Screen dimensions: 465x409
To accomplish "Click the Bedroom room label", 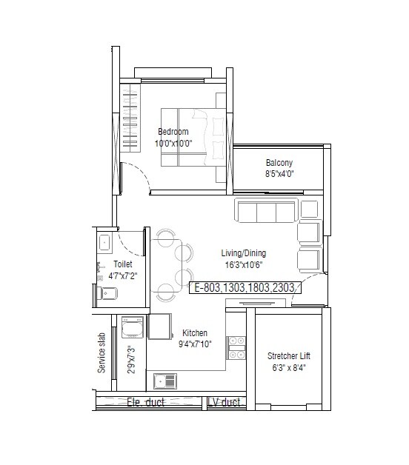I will [x=173, y=132].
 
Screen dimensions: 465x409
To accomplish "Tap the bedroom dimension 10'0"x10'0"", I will [x=173, y=143].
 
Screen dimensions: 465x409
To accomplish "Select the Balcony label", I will [x=279, y=163].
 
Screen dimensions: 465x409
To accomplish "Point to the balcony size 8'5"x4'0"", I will [x=279, y=174].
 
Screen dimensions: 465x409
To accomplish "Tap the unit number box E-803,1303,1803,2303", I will [x=245, y=289].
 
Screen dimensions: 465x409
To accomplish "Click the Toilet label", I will [x=122, y=264].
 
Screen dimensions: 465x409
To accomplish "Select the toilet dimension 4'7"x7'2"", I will [x=122, y=275].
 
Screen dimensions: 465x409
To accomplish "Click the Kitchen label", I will [x=195, y=333].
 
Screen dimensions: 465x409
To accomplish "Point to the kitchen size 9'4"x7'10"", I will [x=194, y=344].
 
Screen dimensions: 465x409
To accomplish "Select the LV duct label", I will [x=224, y=403].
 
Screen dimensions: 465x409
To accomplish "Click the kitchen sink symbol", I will [x=165, y=381].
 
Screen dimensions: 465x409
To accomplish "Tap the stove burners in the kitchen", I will [x=236, y=347].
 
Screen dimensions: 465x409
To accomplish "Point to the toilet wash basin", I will [x=104, y=241].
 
